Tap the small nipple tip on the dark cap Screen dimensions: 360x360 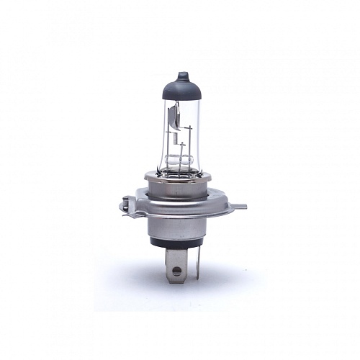pos(181,73)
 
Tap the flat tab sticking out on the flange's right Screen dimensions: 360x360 pos(240,207)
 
